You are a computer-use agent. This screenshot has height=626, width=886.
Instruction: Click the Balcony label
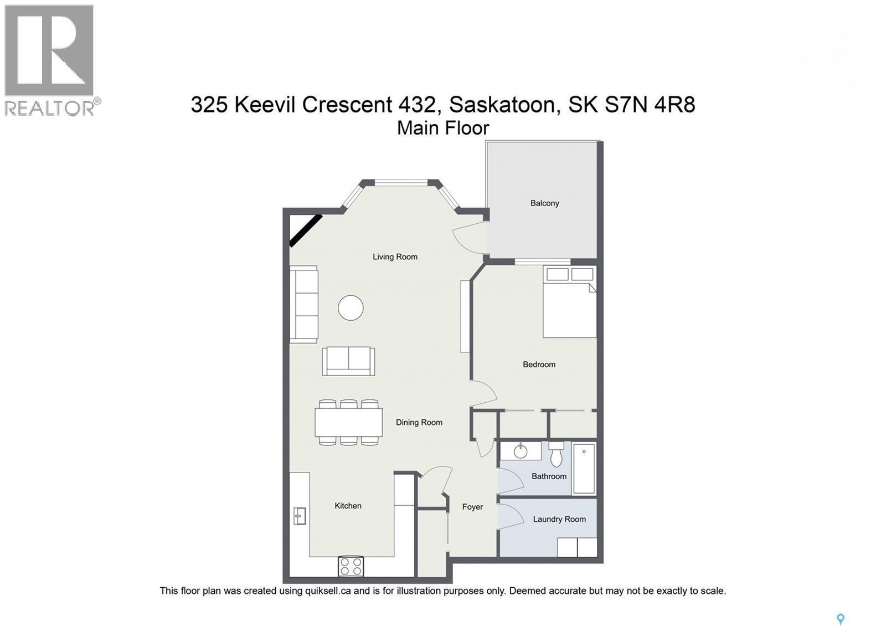[544, 203]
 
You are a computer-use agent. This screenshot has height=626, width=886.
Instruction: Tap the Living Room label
[395, 256]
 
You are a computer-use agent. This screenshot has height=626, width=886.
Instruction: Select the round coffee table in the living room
[351, 307]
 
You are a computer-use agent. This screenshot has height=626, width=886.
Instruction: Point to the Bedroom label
[539, 364]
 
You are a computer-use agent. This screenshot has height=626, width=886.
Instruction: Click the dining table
[348, 423]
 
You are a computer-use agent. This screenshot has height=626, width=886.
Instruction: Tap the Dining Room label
[419, 422]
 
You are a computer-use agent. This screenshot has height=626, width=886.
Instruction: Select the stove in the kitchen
[351, 566]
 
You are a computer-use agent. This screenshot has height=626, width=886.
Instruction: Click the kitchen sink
[299, 516]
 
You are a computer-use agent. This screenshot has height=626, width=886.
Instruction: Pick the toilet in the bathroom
[556, 455]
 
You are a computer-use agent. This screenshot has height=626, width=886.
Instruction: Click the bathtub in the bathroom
[584, 469]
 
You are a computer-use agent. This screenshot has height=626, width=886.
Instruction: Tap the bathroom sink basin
[521, 451]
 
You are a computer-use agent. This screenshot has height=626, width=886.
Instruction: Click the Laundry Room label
[559, 519]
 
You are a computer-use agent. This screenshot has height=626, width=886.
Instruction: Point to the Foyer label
[472, 507]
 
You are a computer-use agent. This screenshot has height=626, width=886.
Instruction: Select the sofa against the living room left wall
[303, 304]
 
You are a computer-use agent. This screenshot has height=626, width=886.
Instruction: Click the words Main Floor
[443, 128]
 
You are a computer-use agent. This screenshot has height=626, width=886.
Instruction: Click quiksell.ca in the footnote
[327, 591]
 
